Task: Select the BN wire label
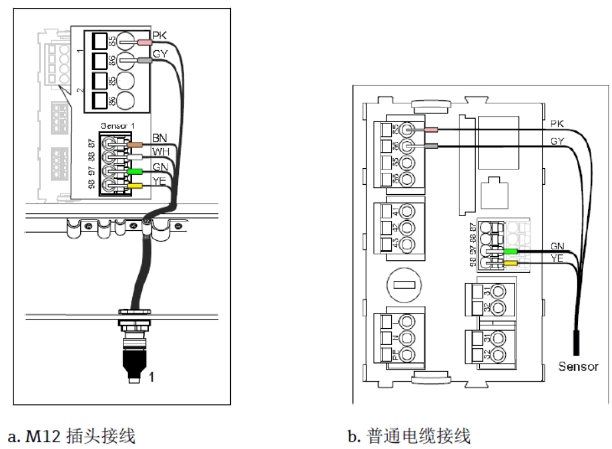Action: coord(159,137)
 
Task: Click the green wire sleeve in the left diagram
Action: coord(136,171)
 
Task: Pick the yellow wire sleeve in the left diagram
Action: coord(135,186)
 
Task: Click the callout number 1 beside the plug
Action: coord(151,377)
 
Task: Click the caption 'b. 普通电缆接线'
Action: coord(409,436)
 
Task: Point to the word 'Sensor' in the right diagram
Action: coord(578,366)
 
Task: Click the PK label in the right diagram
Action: coord(557,124)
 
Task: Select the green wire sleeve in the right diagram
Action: coord(511,252)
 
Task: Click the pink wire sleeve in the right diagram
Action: coord(430,130)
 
